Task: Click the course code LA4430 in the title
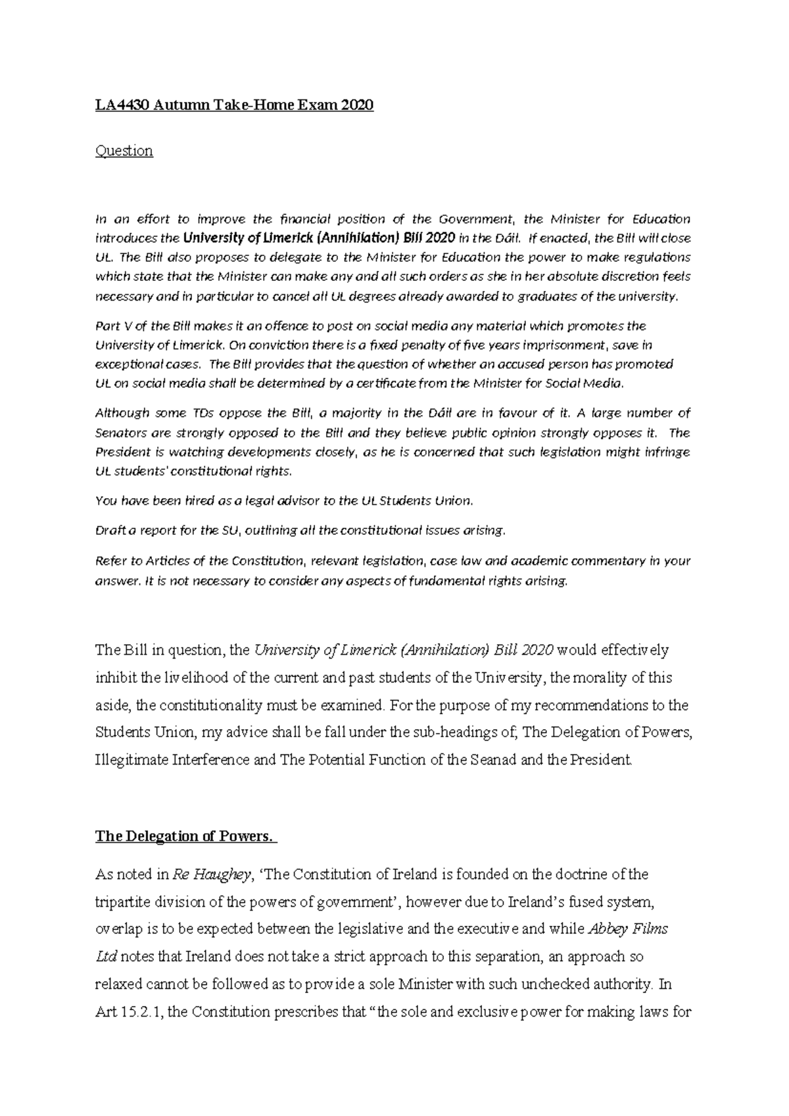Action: point(121,105)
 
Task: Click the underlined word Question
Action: point(124,151)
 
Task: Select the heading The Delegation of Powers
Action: point(183,836)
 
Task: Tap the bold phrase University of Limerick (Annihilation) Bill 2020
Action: point(318,238)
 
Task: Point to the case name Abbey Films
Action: point(627,929)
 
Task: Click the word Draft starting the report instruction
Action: point(109,530)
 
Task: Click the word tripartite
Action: point(122,901)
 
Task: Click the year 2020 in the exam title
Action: point(356,105)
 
